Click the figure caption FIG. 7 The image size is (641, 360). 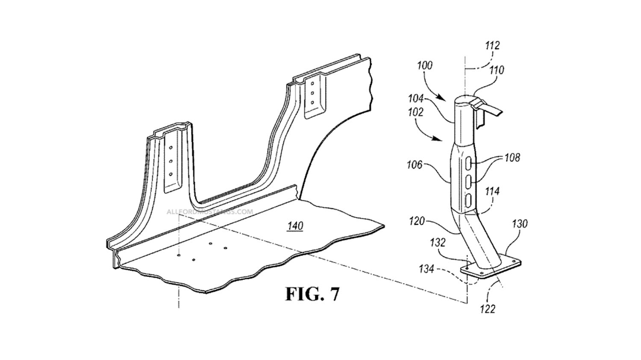click(312, 294)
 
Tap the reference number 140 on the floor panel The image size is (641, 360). click(295, 226)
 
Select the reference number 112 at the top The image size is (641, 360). click(492, 53)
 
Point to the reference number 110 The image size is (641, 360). click(497, 70)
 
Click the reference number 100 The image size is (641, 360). click(425, 66)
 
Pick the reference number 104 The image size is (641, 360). click(416, 99)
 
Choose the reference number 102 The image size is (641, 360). click(415, 112)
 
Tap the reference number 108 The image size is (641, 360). click(512, 158)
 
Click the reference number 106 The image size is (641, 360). click(415, 165)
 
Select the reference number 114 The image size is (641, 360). click(492, 191)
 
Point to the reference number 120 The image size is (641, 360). click(417, 221)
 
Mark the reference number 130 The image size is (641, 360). click(519, 224)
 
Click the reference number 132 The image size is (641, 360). click(438, 243)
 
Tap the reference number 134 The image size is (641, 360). click(427, 269)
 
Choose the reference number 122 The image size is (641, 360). click(488, 309)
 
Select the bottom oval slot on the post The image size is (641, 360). click(468, 200)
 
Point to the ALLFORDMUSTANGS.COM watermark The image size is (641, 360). click(210, 212)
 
